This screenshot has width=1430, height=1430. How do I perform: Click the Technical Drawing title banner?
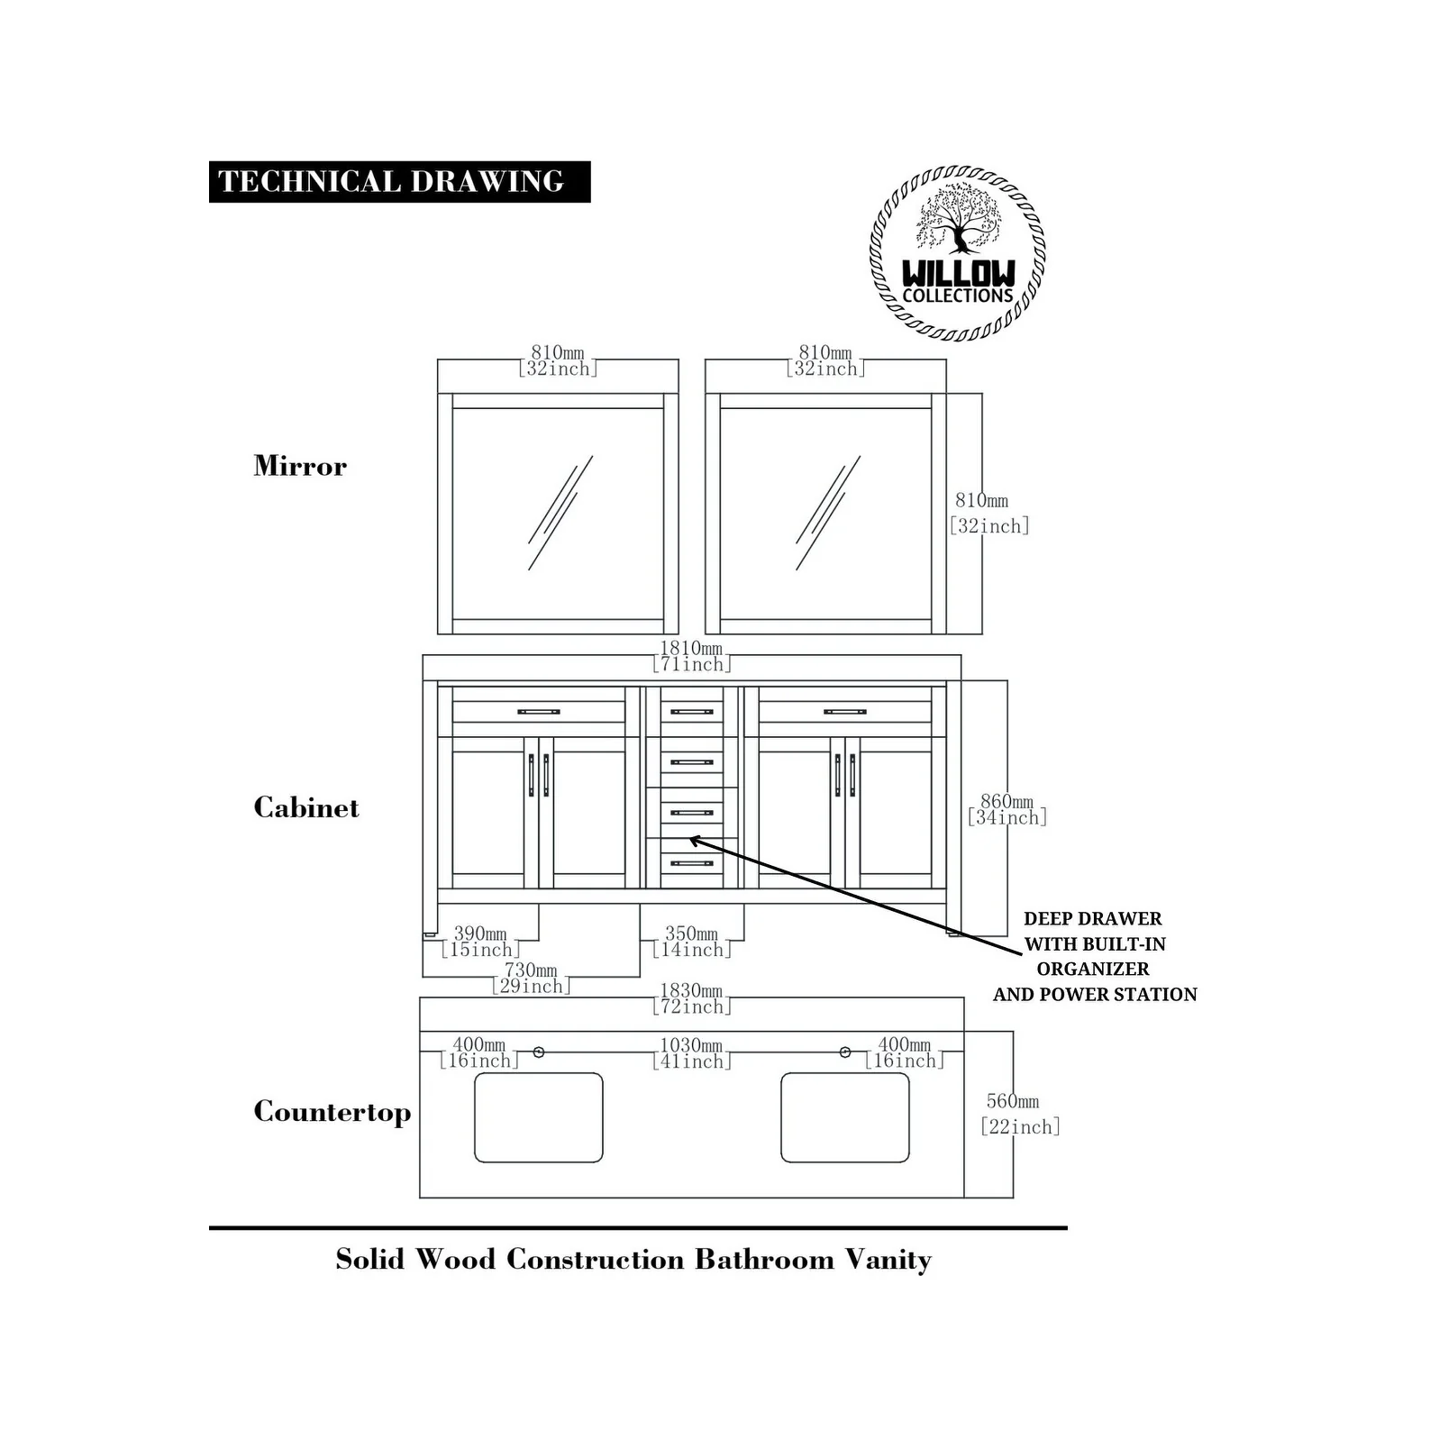pos(399,181)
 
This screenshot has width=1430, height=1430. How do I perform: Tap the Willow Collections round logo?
pos(958,253)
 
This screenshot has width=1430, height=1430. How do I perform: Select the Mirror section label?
pos(300,466)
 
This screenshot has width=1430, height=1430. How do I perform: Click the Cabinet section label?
pos(305,807)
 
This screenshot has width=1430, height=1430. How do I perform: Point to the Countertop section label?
pos(332,1111)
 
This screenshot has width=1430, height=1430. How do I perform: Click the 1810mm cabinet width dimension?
pos(691,656)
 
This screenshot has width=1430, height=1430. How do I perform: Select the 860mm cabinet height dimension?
pos(1006,809)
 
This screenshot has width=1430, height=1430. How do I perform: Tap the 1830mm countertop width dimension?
pos(691,999)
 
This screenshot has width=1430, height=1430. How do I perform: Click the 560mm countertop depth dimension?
pos(1017,1114)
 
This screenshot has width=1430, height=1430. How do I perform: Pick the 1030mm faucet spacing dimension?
pos(691,1053)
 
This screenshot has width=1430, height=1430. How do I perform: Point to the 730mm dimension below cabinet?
pos(531,978)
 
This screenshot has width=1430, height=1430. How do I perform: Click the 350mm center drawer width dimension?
pos(691,942)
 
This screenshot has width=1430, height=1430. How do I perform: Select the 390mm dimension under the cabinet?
pos(480,942)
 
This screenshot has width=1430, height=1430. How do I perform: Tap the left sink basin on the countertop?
pos(538,1117)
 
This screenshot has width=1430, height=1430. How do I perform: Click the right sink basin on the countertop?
pos(844,1117)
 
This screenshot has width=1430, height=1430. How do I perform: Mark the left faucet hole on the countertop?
pos(539,1052)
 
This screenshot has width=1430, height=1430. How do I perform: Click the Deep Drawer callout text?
pos(1094,956)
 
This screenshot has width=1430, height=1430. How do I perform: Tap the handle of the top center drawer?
pos(691,712)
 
